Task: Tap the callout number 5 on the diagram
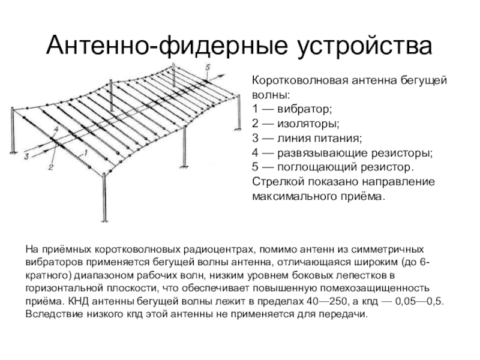pyautogui.click(x=208, y=67)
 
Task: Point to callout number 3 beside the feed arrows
pyautogui.click(x=26, y=156)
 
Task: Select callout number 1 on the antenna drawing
pyautogui.click(x=85, y=153)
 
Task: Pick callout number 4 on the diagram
pyautogui.click(x=55, y=129)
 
